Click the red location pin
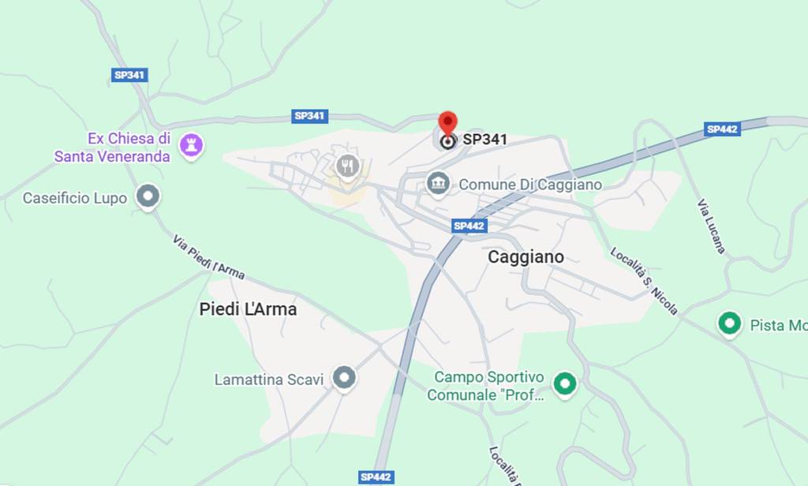click(x=447, y=125)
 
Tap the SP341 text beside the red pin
click(x=484, y=140)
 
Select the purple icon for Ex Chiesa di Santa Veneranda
click(x=190, y=144)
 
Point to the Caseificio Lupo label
click(x=75, y=198)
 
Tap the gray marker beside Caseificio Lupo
click(x=148, y=196)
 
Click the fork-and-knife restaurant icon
click(x=347, y=166)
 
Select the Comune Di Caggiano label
click(x=530, y=185)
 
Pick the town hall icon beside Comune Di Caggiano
click(x=436, y=184)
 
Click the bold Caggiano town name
click(x=526, y=257)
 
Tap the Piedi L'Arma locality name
click(x=248, y=309)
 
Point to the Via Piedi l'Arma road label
click(x=208, y=257)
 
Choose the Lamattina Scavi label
click(x=269, y=379)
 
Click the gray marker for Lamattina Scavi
click(x=343, y=378)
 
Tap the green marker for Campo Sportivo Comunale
click(x=564, y=383)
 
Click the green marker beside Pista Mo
click(x=730, y=323)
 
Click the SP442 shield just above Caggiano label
click(x=469, y=226)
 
